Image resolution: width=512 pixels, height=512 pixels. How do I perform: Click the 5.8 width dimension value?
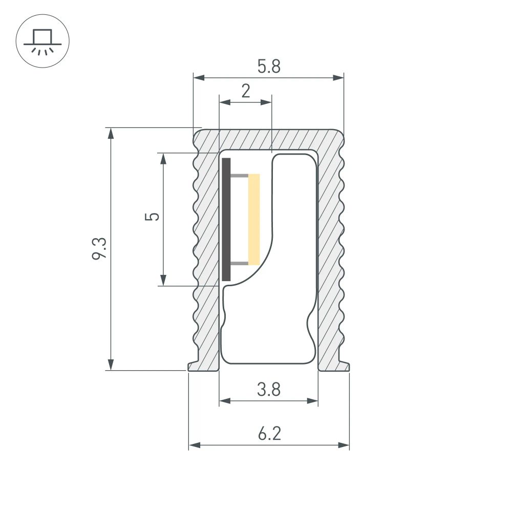click(269, 67)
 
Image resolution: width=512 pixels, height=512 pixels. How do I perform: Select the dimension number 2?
click(246, 91)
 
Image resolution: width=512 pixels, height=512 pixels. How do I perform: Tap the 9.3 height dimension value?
click(99, 248)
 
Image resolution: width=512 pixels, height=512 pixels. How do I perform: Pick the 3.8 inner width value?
click(269, 390)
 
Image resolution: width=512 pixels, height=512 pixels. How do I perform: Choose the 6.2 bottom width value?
click(269, 435)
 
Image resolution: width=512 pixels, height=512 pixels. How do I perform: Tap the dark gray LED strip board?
click(226, 219)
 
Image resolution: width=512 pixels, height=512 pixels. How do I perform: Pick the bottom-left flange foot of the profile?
click(197, 366)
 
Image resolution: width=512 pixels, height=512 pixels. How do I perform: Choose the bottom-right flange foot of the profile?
click(340, 366)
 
